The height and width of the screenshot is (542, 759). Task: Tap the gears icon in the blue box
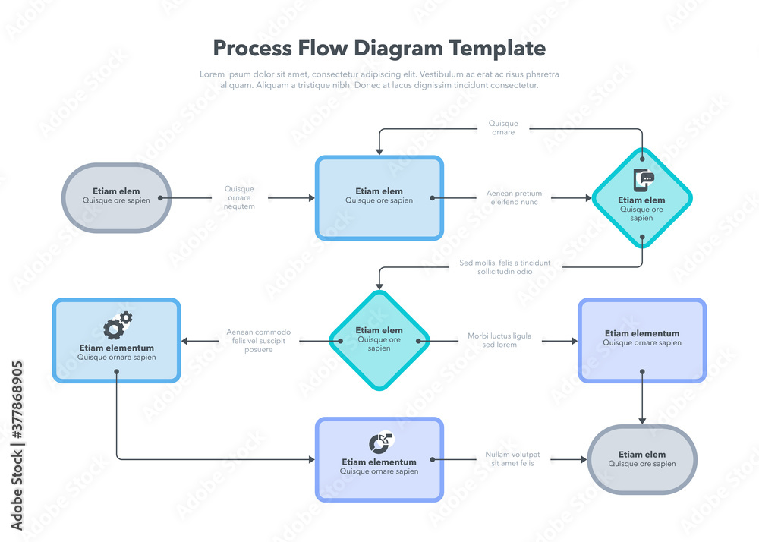click(118, 326)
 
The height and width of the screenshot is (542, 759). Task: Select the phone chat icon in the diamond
click(643, 181)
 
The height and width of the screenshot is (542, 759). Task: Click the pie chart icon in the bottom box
click(380, 443)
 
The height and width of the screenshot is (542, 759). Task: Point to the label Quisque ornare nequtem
click(240, 198)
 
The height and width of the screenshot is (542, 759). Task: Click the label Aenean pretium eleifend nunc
click(514, 198)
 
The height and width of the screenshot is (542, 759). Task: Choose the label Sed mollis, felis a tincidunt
click(505, 267)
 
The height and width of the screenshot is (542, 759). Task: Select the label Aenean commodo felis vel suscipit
click(258, 341)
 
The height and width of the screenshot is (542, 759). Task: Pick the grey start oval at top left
click(116, 197)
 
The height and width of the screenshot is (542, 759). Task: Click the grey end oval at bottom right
click(642, 459)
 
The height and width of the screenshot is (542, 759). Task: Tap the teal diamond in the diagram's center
click(379, 340)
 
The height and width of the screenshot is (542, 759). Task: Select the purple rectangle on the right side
click(642, 340)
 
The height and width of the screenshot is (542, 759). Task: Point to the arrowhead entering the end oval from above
click(642, 420)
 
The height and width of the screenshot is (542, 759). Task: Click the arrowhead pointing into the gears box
click(185, 341)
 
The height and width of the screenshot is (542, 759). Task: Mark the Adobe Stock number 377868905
click(17, 445)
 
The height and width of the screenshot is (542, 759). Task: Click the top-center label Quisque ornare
click(503, 128)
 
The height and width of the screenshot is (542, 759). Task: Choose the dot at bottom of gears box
click(116, 372)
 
